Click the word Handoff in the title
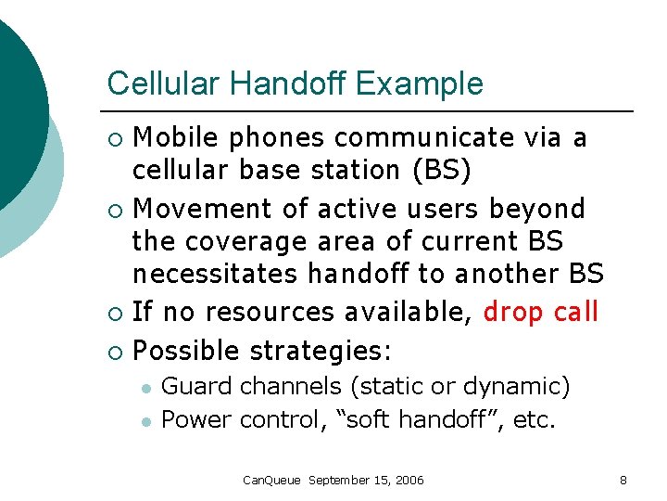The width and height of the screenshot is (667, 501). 301,83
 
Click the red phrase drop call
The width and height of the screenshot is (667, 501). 541,313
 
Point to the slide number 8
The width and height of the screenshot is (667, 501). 623,480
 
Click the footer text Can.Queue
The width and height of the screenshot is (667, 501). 271,480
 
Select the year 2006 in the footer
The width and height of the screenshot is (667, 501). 409,480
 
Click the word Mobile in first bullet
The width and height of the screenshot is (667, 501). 176,138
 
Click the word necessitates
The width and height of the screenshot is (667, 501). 216,275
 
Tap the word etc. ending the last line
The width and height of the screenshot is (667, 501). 535,419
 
